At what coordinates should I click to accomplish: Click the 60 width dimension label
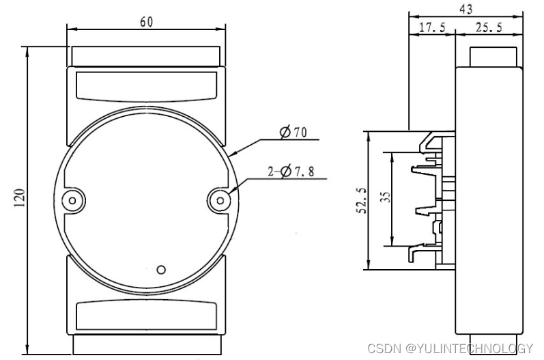point(146,21)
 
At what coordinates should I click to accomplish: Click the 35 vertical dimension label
point(385,199)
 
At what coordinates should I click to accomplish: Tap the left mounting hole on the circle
point(72,200)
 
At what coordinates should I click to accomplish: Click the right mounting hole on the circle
point(219,200)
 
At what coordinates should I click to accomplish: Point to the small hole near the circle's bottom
point(161,268)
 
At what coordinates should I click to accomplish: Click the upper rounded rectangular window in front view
point(146,85)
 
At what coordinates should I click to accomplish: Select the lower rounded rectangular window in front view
point(146,315)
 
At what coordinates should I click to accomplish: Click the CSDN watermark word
point(384,348)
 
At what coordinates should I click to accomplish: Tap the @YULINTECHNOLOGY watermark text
point(469,348)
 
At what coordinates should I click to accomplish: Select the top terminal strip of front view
point(146,56)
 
